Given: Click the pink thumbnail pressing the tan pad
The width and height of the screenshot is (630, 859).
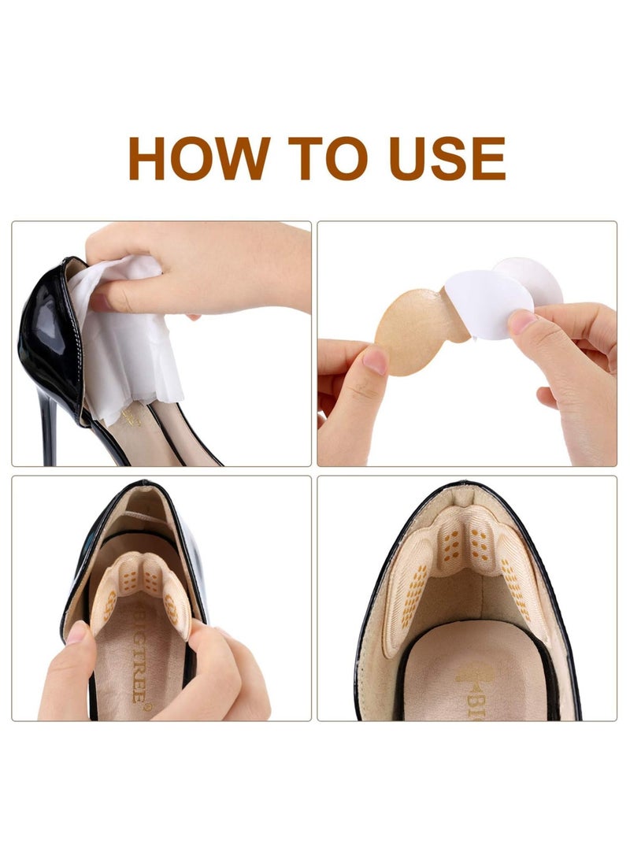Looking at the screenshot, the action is tap(376, 361).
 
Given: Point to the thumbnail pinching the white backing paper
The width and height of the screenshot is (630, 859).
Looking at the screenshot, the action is tap(521, 320).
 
